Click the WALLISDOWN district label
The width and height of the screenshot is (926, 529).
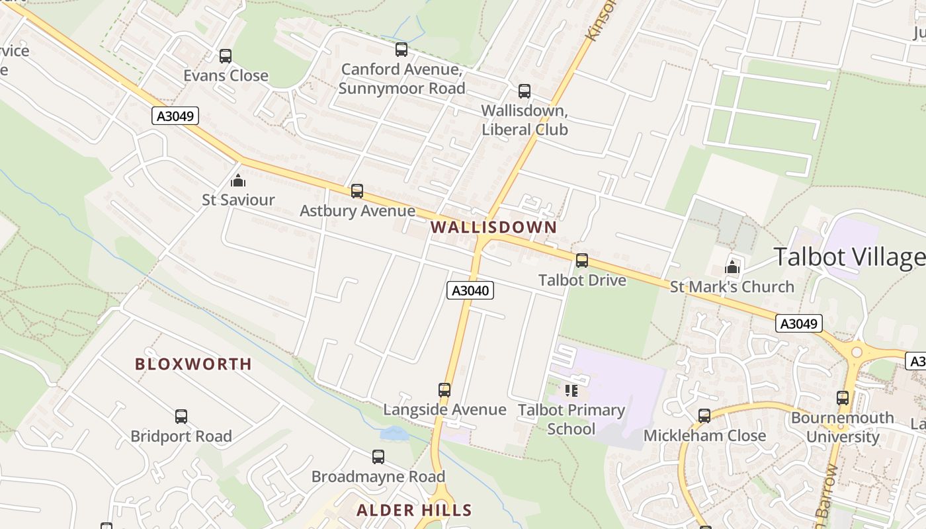[493, 227]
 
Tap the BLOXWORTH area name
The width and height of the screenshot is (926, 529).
[193, 364]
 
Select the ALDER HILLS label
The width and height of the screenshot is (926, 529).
[414, 510]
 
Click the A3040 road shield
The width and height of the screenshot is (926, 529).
[470, 290]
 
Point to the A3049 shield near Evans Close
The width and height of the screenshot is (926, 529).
[175, 116]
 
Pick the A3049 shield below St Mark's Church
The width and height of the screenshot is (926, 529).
[799, 323]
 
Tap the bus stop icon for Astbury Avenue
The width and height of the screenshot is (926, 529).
[357, 191]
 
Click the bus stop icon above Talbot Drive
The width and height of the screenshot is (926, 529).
[581, 261]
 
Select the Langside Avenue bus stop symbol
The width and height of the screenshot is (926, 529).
[444, 390]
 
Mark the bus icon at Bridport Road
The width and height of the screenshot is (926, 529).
[181, 417]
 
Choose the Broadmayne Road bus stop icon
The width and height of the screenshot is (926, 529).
[378, 457]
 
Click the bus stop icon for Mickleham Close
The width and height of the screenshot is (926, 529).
[704, 416]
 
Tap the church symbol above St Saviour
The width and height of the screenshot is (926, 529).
[237, 181]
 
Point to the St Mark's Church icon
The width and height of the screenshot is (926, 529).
[732, 267]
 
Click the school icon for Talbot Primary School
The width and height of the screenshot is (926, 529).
[571, 391]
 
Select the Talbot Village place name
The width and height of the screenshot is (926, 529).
[849, 257]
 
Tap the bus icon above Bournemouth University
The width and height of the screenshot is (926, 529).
[843, 398]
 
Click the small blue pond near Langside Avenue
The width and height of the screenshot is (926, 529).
[394, 434]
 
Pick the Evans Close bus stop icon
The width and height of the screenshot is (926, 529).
[226, 56]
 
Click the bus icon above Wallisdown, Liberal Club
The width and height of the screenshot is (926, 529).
[525, 91]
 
